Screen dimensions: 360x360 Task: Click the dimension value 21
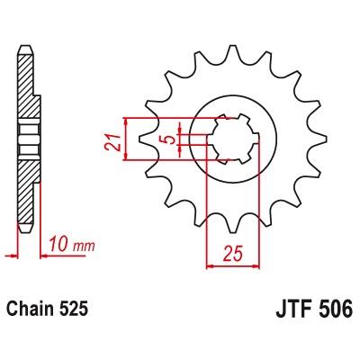pyautogui.click(x=112, y=142)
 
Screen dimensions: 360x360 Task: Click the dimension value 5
pyautogui.click(x=171, y=139)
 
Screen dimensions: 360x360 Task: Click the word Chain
pyautogui.click(x=30, y=309)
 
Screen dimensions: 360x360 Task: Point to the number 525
pyautogui.click(x=74, y=309)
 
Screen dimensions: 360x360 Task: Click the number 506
pyautogui.click(x=337, y=309)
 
